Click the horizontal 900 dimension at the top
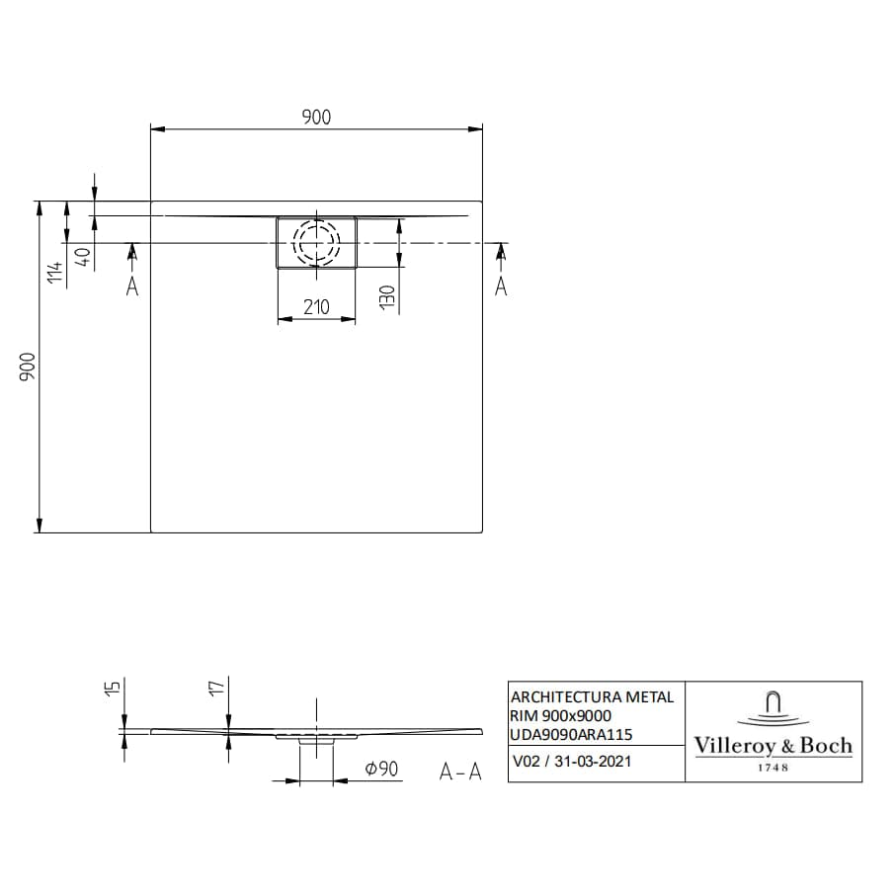click(316, 117)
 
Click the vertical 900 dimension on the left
click(28, 367)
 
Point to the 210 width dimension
click(316, 306)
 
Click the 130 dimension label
click(387, 296)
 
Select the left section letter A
click(132, 286)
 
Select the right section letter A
click(500, 286)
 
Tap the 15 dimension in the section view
click(112, 689)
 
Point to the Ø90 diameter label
click(380, 769)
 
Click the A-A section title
click(460, 772)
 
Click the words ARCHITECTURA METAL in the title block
click(592, 696)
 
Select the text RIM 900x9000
click(560, 715)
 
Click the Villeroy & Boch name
click(773, 746)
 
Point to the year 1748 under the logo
click(773, 768)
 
